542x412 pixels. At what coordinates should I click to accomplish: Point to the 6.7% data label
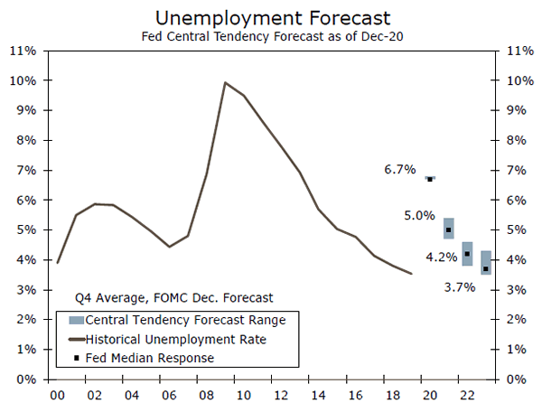(x=399, y=169)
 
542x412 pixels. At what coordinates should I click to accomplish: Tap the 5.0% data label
(x=419, y=216)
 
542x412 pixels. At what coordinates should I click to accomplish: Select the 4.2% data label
(x=441, y=257)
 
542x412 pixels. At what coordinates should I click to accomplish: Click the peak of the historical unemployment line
(x=225, y=83)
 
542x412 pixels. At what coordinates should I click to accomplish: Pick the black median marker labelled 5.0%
(x=448, y=229)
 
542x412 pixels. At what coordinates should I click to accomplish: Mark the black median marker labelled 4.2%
(x=467, y=254)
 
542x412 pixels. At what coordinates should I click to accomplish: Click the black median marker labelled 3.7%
(x=486, y=268)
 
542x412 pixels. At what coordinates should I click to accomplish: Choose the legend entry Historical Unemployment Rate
(x=176, y=339)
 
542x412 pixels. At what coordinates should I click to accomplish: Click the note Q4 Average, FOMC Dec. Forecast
(x=173, y=296)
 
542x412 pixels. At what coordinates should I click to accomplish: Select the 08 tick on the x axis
(x=207, y=395)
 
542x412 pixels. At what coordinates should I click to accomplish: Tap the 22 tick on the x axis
(x=467, y=395)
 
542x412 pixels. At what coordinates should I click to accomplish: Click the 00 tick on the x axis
(x=57, y=395)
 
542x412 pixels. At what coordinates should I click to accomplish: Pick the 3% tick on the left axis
(x=25, y=289)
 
